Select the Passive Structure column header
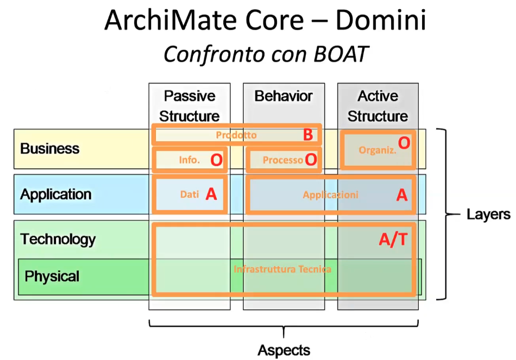point(190,106)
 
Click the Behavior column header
point(284,97)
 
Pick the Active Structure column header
point(377,106)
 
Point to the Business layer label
point(50,148)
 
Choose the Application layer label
point(56,194)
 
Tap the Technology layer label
point(58,239)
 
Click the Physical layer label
point(52,276)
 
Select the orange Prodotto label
point(236,135)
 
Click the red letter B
point(308,135)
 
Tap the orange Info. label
point(190,160)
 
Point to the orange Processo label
point(282,160)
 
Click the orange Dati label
point(190,194)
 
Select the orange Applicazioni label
point(330,195)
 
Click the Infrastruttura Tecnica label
point(282,269)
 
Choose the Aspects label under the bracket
point(284,350)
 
